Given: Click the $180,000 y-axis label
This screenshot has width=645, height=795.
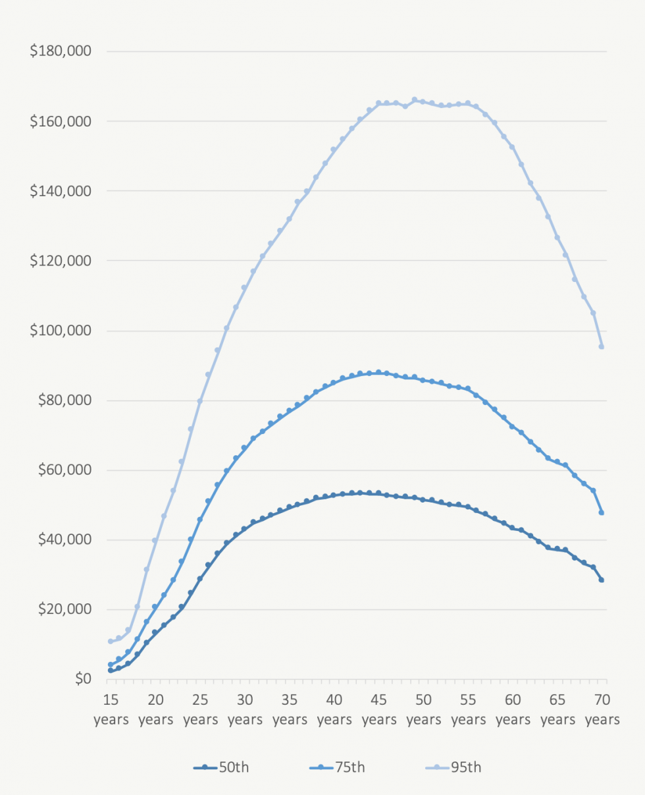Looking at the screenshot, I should tap(60, 51).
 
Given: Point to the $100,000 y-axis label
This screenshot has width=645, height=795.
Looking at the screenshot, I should tap(60, 331).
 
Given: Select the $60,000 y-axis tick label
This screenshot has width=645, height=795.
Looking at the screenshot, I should tap(63, 470).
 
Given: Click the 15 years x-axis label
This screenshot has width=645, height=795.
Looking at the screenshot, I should tap(111, 709).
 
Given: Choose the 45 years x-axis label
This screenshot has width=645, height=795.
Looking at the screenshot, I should tap(378, 709).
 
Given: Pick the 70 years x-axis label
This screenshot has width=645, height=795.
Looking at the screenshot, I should tap(602, 709).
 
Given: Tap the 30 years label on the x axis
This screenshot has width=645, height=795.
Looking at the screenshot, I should tap(245, 709).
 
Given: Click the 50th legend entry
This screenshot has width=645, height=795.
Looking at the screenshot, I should tap(221, 767).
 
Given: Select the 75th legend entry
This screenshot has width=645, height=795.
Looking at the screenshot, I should tap(336, 767).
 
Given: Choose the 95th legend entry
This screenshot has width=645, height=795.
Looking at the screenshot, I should tap(453, 767).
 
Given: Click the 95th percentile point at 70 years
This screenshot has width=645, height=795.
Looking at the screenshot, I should tap(602, 346).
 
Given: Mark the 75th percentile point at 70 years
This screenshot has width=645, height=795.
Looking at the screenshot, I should tap(602, 512).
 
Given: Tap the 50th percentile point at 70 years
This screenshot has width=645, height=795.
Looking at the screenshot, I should tap(602, 580).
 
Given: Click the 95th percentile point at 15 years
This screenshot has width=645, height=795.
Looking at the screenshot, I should tap(111, 641).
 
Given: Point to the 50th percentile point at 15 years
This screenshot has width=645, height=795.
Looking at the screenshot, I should tap(111, 671).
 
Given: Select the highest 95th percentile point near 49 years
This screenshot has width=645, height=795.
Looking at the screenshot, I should tap(415, 100).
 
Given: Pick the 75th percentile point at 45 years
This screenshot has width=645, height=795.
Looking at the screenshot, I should tap(378, 373).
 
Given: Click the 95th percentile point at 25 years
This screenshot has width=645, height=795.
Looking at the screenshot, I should tap(199, 401).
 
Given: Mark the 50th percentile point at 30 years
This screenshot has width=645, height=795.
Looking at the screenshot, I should tap(244, 529).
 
